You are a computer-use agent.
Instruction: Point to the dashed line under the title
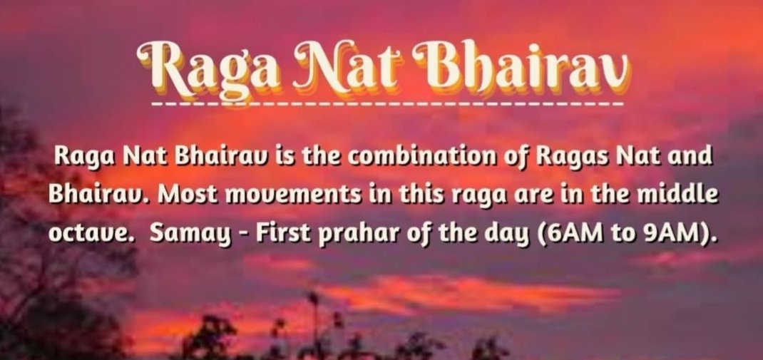pos(387,104)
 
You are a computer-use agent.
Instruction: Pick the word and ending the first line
pos(692,157)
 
